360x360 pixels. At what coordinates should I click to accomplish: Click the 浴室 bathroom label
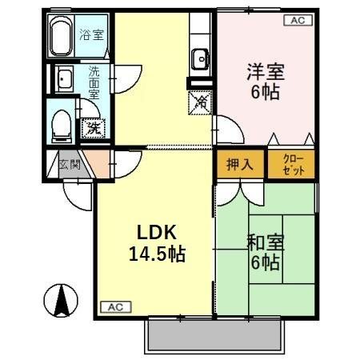91,34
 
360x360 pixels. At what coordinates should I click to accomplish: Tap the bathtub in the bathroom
61,36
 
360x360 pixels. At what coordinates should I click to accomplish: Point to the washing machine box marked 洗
94,126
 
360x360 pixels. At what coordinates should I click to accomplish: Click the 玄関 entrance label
70,166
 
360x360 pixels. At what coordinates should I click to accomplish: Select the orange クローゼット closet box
290,164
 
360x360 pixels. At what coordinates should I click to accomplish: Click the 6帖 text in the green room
266,262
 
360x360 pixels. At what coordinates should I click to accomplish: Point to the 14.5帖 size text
157,256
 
